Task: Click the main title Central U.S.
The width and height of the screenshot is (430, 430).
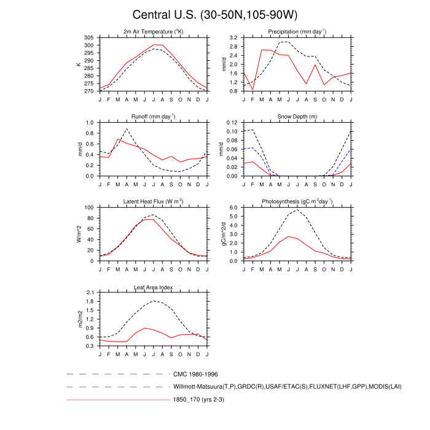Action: coord(214,15)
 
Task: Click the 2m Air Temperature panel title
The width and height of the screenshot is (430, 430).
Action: coord(153,31)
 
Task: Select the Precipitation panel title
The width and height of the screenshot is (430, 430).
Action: coord(297,31)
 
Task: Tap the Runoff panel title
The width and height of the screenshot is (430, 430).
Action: coord(153,116)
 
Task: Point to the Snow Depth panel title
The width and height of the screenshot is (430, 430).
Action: coord(297,116)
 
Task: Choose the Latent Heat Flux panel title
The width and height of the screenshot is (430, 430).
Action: coord(153,201)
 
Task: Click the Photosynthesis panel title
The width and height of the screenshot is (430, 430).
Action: coord(297,201)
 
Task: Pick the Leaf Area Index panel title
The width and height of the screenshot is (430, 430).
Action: coord(153,286)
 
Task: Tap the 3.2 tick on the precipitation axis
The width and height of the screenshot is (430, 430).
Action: coord(233,37)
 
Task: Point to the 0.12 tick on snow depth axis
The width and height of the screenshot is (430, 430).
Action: coord(232,122)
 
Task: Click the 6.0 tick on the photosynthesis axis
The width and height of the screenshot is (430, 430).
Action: coord(233,208)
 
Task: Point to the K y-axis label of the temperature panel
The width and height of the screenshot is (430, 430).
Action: coord(79,64)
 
